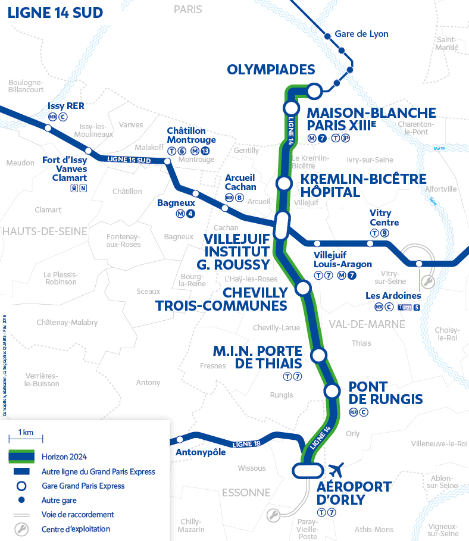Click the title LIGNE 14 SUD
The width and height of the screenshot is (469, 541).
click(55, 13)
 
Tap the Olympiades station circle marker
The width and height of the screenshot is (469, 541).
click(314, 90)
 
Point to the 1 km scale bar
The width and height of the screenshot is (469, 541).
click(25, 439)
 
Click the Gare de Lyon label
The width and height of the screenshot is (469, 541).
click(361, 34)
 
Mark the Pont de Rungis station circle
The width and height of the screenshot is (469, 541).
click(332, 391)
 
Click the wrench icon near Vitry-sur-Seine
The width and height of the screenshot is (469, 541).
click(427, 281)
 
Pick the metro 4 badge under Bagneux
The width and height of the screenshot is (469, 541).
click(190, 214)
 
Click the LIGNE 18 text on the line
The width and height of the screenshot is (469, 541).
click(247, 443)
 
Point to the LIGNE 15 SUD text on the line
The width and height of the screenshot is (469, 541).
click(129, 160)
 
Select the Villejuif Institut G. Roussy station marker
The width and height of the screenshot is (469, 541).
click(282, 226)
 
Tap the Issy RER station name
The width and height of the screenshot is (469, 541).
click(66, 106)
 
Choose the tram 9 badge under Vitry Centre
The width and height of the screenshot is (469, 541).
click(384, 233)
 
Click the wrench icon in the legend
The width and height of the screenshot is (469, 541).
click(21, 529)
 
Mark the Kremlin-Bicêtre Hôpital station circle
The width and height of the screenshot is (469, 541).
click(284, 183)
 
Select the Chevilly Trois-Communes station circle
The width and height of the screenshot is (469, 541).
click(303, 289)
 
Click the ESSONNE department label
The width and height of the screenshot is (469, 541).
click(246, 492)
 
